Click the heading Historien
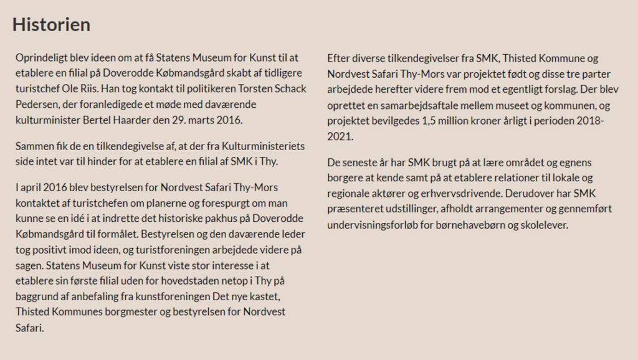tap(52, 24)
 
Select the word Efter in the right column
tap(339, 59)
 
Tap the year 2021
tap(340, 136)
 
